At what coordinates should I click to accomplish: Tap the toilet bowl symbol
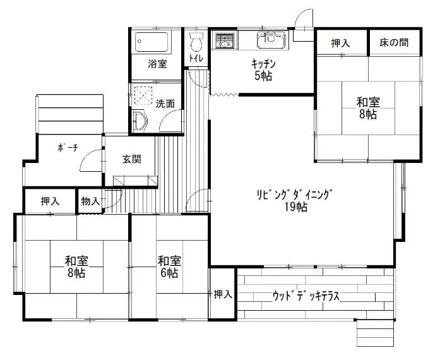click(x=196, y=42)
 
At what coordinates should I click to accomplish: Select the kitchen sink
click(x=271, y=40)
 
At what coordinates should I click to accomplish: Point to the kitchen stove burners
click(x=225, y=40)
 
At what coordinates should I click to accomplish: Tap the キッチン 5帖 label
click(x=263, y=69)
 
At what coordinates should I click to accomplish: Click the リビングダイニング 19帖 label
click(x=295, y=200)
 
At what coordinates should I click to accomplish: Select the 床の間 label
click(x=394, y=43)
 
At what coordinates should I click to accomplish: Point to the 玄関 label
click(x=131, y=159)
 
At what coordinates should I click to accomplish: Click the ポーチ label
click(x=68, y=147)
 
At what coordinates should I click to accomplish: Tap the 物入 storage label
click(x=90, y=201)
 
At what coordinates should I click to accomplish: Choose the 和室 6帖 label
click(x=169, y=267)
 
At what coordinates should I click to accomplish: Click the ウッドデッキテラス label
click(x=306, y=296)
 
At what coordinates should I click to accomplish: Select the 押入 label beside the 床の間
click(x=341, y=43)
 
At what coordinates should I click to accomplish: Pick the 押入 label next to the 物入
click(x=50, y=201)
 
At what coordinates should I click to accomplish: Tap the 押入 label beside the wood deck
click(x=223, y=294)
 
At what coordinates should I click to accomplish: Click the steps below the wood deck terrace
click(x=376, y=335)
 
